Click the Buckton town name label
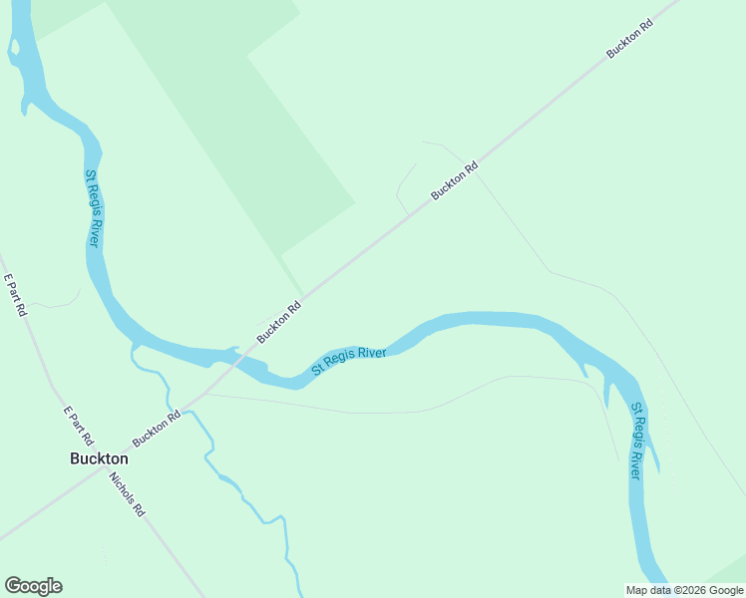click(x=99, y=458)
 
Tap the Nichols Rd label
click(x=129, y=493)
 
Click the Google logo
click(x=33, y=586)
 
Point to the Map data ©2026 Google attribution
click(x=684, y=590)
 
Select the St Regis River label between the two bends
click(x=348, y=361)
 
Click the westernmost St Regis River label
click(x=92, y=208)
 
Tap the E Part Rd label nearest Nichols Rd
click(x=78, y=426)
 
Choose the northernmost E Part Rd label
click(x=15, y=295)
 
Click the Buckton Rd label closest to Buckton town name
click(x=157, y=429)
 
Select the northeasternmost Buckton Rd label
click(x=630, y=38)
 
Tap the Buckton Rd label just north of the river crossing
click(x=278, y=324)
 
